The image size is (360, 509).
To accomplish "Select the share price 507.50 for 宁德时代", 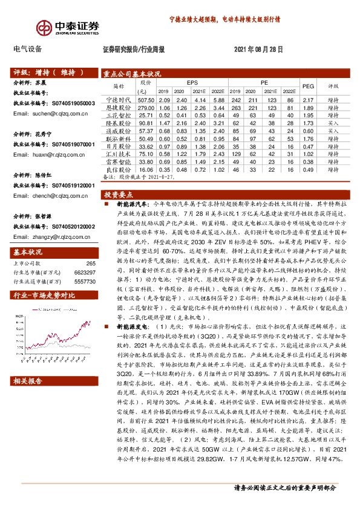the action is point(146,99).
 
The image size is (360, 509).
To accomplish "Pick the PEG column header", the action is point(308,86).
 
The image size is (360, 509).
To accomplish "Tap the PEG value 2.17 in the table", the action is point(308,99).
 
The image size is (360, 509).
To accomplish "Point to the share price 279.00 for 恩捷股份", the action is point(146,107).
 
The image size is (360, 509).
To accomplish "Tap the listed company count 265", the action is point(91,263).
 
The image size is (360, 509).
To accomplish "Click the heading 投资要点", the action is point(119,195).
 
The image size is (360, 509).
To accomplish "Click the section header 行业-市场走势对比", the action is point(44,295).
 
